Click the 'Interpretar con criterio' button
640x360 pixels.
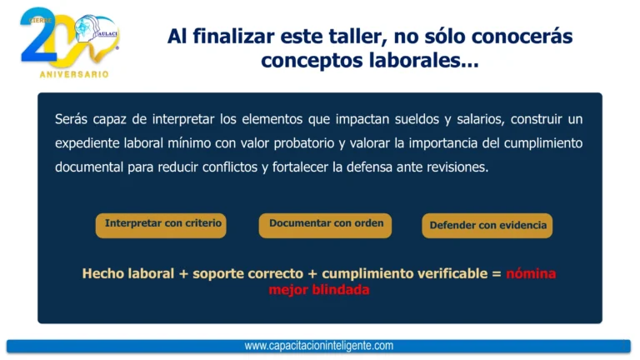[161, 224]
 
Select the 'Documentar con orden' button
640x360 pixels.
[325, 224]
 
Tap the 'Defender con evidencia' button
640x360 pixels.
[487, 225]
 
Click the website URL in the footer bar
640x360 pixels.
[319, 346]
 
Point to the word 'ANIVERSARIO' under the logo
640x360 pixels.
[74, 74]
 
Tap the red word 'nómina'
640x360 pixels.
[531, 273]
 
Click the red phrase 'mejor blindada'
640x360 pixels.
[319, 290]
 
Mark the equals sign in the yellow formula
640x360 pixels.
[497, 273]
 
